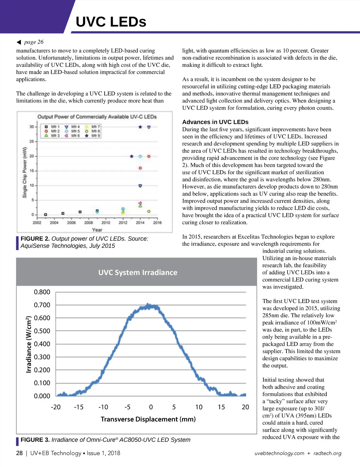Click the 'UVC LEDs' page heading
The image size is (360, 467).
click(111, 22)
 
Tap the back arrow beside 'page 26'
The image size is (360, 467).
click(19, 42)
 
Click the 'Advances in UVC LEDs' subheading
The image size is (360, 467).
click(215, 122)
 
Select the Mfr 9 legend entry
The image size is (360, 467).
click(93, 136)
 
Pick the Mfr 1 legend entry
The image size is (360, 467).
click(52, 127)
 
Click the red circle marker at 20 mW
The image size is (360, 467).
click(149, 156)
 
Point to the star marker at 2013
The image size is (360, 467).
click(131, 156)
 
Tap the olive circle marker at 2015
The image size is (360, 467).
click(149, 212)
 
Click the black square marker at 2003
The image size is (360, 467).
click(46, 215)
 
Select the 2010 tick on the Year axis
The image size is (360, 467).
click(106, 223)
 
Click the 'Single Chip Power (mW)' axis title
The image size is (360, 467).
click(25, 172)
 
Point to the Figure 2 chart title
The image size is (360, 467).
click(97, 117)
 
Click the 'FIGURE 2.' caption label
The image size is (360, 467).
click(35, 239)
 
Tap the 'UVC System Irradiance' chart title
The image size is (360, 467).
click(138, 272)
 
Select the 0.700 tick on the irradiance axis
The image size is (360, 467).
click(42, 305)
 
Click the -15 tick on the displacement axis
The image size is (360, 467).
click(79, 407)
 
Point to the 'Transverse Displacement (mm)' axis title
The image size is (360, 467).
click(148, 419)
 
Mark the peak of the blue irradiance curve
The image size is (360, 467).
click(148, 305)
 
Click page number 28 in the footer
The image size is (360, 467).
click(19, 453)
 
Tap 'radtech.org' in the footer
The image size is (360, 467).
click(327, 453)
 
